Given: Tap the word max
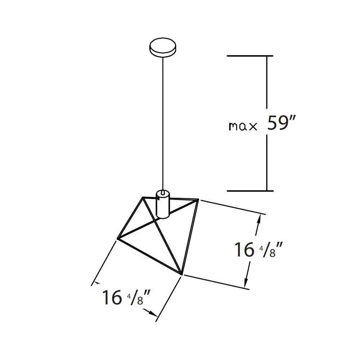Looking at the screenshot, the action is point(243,126).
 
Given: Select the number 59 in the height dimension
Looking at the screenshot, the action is point(276,123).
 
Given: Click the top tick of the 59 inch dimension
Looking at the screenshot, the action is point(250,56).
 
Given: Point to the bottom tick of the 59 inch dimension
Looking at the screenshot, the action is point(250,191).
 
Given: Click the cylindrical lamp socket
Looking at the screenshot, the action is point(163,204).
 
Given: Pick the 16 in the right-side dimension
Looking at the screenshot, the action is point(244,249).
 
